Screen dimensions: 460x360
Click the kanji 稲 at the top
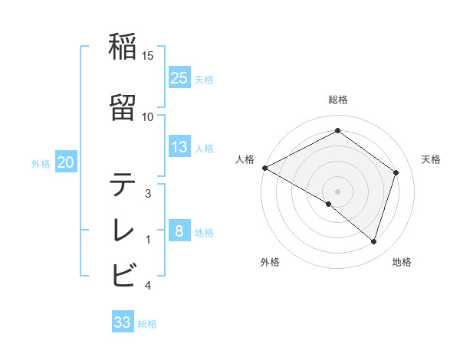point(123,48)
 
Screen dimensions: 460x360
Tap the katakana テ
point(123,185)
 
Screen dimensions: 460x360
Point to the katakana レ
point(123,229)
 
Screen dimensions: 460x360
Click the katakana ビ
point(123,273)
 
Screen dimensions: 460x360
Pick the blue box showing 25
point(179,77)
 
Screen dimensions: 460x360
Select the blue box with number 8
point(179,231)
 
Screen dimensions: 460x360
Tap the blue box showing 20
point(66,162)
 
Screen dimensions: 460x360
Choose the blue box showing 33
point(123,322)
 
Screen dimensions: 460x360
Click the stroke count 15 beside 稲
point(148,55)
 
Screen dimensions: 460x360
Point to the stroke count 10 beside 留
point(148,116)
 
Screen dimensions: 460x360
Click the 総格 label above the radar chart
point(338,100)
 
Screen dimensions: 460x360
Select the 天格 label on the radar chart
point(432,159)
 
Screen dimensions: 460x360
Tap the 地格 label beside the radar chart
point(402,262)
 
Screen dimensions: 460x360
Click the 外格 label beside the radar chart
point(270,262)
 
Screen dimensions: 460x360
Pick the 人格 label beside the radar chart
point(245,159)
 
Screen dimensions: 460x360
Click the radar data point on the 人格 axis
point(264,168)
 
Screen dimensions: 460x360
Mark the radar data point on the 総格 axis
point(337,131)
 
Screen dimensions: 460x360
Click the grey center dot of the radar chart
point(337,190)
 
